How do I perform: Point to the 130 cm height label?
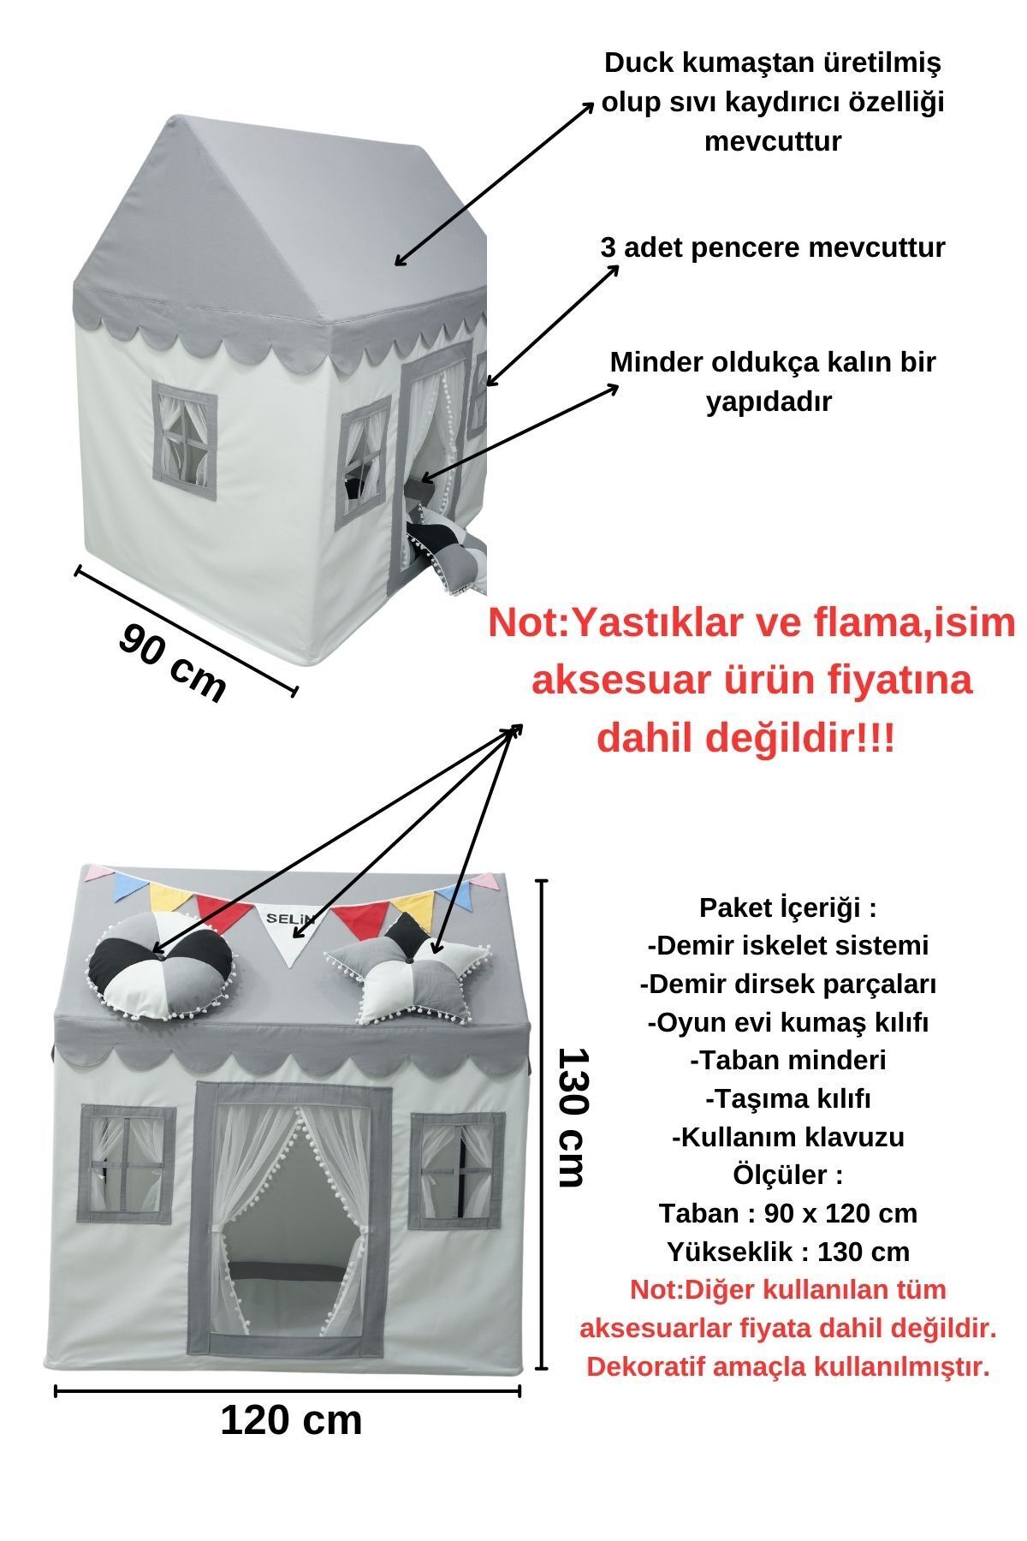[569, 1116]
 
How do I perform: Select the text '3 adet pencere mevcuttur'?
[773, 248]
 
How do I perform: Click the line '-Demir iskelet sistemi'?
[788, 946]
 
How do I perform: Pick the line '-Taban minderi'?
[788, 1061]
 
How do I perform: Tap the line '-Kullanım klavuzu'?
[788, 1138]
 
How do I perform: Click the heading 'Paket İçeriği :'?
[788, 907]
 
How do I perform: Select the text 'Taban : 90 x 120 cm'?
[788, 1214]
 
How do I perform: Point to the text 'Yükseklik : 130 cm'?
[788, 1252]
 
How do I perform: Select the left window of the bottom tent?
[128, 1162]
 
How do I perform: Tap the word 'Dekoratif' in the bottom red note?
[648, 1366]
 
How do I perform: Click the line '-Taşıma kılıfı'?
[788, 1099]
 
